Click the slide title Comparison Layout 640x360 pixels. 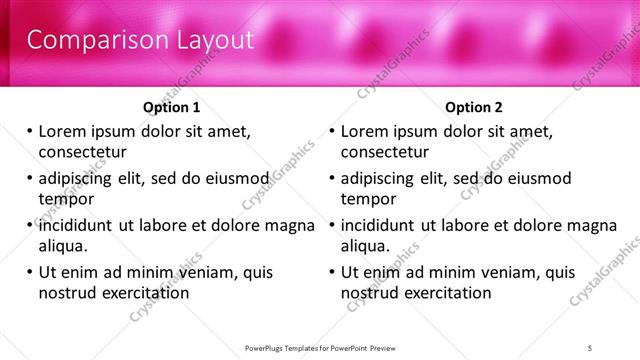[x=139, y=40]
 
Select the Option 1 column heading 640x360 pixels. [x=172, y=107]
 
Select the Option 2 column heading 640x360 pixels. [x=474, y=107]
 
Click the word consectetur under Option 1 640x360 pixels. [x=82, y=152]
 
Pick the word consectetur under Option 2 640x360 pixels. [x=386, y=152]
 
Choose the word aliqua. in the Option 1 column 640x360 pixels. [x=64, y=245]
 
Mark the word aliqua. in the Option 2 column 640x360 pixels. [x=367, y=245]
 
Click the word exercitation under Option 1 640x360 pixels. [x=142, y=292]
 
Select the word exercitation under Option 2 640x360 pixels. [x=445, y=292]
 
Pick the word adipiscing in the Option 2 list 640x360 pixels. [x=378, y=179]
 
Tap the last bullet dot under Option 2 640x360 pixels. [x=331, y=272]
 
